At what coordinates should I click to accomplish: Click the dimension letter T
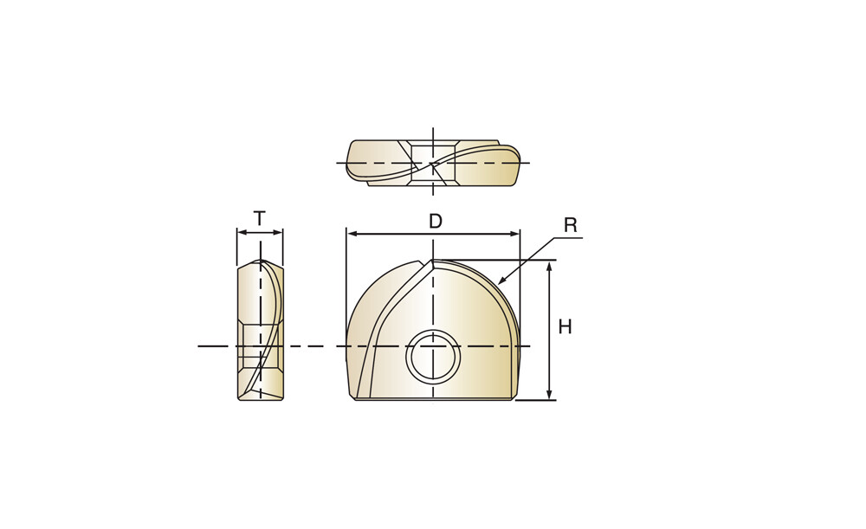260,218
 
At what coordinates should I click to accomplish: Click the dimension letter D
436,221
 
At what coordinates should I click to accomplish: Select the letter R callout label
571,225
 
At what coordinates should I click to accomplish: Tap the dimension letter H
565,327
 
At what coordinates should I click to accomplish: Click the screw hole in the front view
433,356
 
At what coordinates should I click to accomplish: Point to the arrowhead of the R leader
502,280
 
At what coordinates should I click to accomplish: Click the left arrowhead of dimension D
352,234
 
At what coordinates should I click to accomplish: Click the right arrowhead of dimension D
514,234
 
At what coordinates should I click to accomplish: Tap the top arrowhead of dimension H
549,267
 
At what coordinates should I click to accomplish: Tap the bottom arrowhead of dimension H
549,394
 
